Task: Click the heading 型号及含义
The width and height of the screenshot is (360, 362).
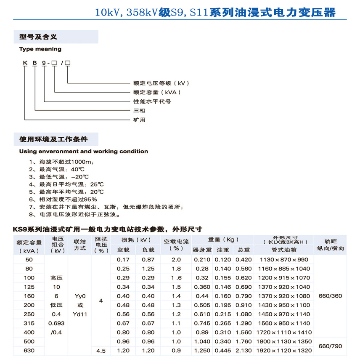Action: (x=38, y=37)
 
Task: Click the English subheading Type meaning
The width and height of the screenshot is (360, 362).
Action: (x=40, y=49)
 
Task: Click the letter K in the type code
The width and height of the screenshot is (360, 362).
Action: (x=25, y=63)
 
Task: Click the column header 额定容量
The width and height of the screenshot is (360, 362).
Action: (x=29, y=242)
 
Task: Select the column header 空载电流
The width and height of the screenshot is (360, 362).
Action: (x=177, y=242)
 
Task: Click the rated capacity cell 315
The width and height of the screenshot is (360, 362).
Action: (x=29, y=323)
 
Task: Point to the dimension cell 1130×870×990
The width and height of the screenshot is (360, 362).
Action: (x=284, y=260)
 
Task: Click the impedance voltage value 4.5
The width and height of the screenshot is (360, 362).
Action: (x=101, y=351)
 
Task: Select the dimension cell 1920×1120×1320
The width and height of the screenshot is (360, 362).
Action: (x=284, y=351)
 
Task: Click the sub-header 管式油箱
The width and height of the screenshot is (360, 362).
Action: (x=284, y=250)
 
